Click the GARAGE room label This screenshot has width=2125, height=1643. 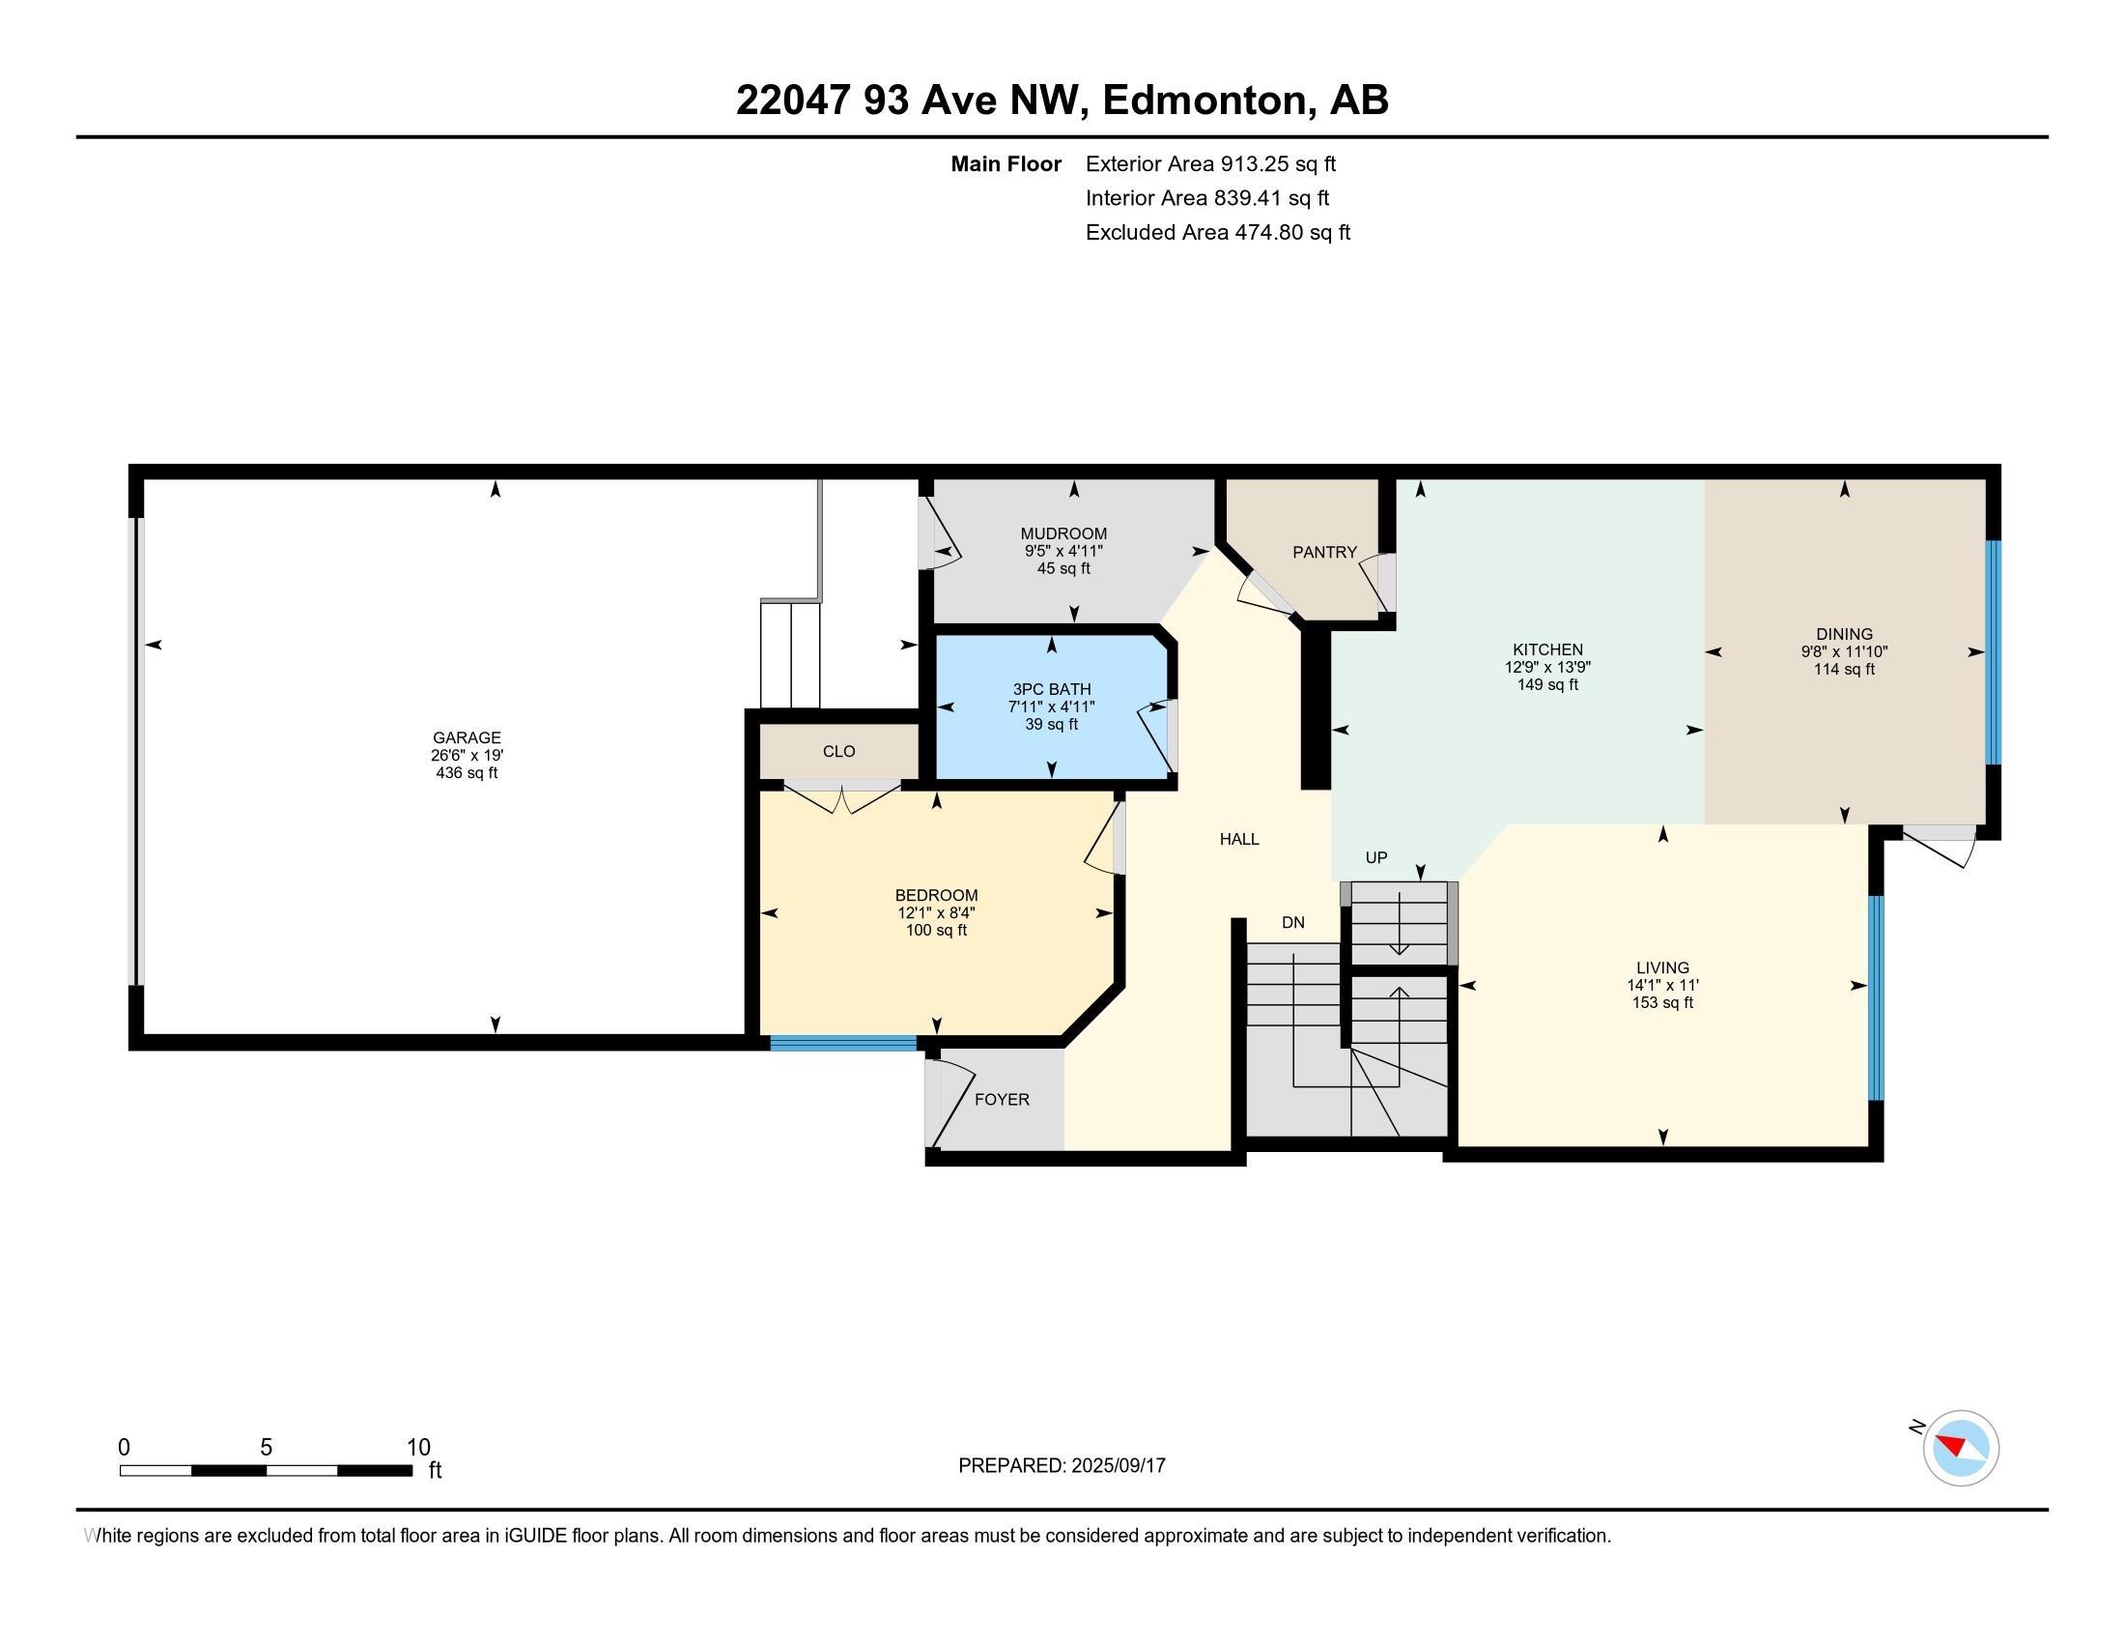pyautogui.click(x=467, y=737)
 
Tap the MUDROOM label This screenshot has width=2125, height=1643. pyautogui.click(x=1063, y=533)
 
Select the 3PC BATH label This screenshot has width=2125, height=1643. pyautogui.click(x=1052, y=689)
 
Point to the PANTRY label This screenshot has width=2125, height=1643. pyautogui.click(x=1324, y=552)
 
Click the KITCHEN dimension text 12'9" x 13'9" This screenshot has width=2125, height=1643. pyautogui.click(x=1547, y=667)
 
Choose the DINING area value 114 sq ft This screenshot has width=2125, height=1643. pyautogui.click(x=1844, y=669)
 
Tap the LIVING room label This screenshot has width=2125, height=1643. pyautogui.click(x=1663, y=967)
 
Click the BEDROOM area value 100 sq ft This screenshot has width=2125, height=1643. pyautogui.click(x=936, y=930)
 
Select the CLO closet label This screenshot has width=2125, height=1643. pyautogui.click(x=838, y=751)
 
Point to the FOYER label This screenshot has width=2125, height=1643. pyautogui.click(x=1003, y=1099)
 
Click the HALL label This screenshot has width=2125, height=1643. pyautogui.click(x=1239, y=839)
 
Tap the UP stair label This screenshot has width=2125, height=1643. pyautogui.click(x=1375, y=857)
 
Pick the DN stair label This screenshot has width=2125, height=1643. pyautogui.click(x=1293, y=923)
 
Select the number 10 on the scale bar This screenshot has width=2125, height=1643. pyautogui.click(x=418, y=1448)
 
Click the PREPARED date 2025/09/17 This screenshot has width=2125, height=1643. pyautogui.click(x=1117, y=1465)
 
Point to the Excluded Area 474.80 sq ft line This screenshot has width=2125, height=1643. pyautogui.click(x=1218, y=232)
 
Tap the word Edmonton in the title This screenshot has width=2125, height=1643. pyautogui.click(x=1204, y=100)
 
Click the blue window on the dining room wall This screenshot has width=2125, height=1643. pyautogui.click(x=1993, y=652)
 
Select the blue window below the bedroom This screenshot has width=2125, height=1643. pyautogui.click(x=843, y=1044)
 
